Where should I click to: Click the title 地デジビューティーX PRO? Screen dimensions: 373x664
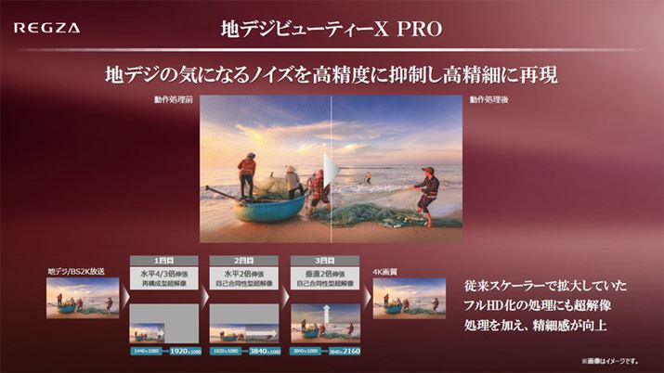332,28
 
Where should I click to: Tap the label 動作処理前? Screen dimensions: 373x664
175,99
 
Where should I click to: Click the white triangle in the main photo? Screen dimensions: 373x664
328,171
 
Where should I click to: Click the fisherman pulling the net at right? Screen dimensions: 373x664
427,190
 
